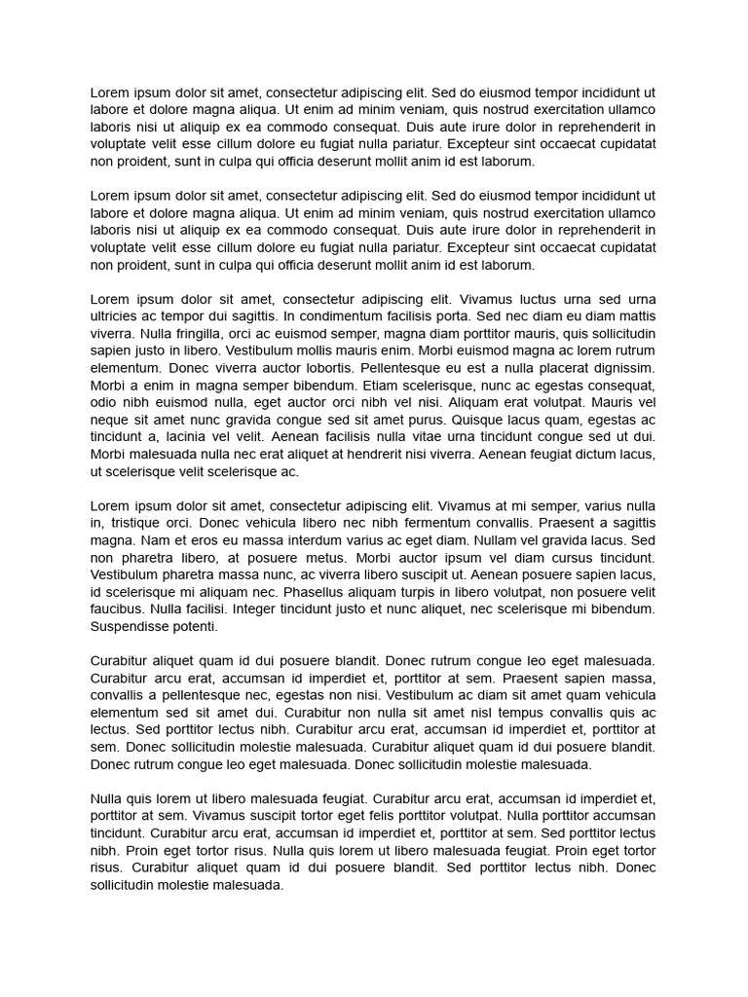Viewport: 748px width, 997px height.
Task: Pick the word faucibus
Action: point(117,610)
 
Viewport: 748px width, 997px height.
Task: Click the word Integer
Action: point(255,610)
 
